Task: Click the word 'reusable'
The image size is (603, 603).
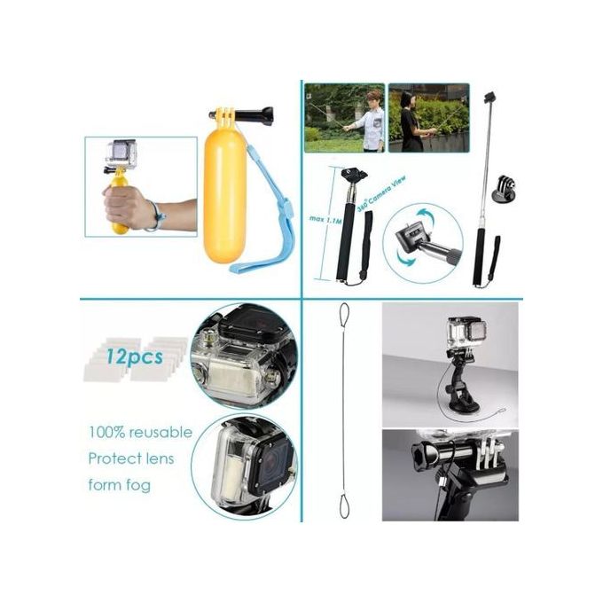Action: point(160,433)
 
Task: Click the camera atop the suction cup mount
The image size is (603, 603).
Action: point(462,336)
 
